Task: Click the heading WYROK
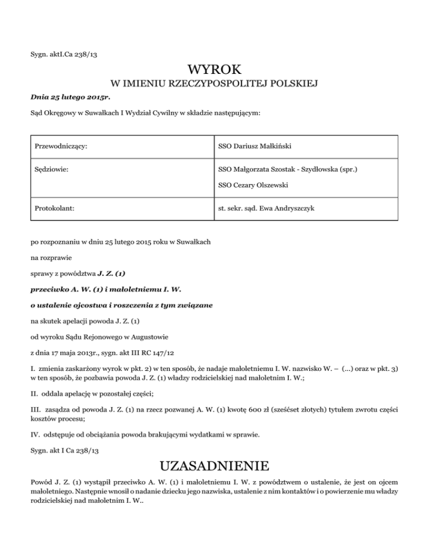click(x=214, y=70)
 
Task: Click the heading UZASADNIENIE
click(x=214, y=467)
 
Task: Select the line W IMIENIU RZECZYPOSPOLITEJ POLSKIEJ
click(x=214, y=84)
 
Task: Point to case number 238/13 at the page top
click(x=90, y=55)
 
